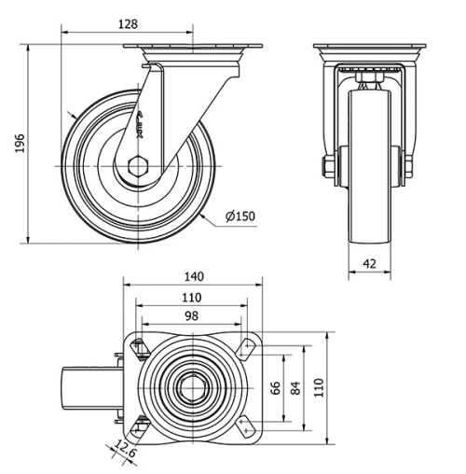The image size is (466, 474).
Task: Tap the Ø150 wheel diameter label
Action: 240,216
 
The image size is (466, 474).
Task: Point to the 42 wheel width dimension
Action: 369,264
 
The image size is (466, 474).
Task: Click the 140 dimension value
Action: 193,276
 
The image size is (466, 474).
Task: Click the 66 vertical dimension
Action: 275,387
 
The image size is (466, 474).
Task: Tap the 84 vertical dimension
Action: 296,387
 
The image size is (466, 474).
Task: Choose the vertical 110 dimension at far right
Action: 318,385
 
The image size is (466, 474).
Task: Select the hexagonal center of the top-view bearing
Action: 192,386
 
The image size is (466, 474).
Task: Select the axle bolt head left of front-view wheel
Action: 328,168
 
